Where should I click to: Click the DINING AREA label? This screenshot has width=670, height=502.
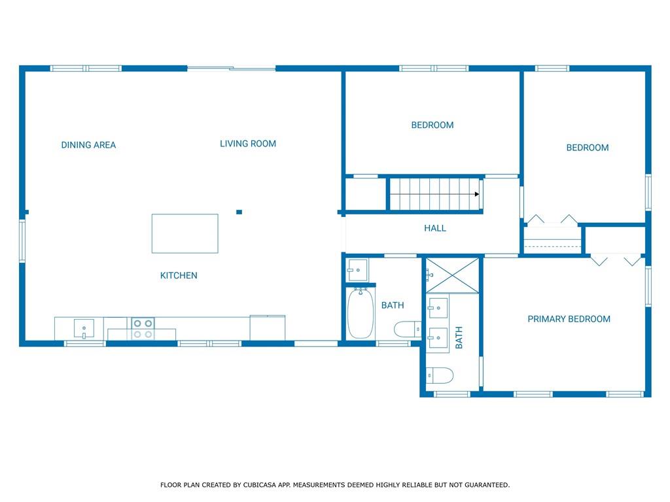tap(88, 145)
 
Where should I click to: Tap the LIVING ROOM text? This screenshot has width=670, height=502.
tap(248, 144)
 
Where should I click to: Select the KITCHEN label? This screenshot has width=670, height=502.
tap(179, 276)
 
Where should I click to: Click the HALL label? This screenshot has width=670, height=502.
tap(435, 228)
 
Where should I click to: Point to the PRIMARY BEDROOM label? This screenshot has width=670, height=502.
tap(569, 319)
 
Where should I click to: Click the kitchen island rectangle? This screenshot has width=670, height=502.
tap(185, 233)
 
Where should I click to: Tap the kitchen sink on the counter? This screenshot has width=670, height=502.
tap(84, 328)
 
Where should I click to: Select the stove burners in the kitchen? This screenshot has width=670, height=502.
tap(143, 329)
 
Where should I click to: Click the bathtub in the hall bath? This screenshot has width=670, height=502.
tap(361, 314)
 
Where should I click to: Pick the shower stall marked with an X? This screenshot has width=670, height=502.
tap(453, 276)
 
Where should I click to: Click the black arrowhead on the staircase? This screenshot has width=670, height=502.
tap(477, 194)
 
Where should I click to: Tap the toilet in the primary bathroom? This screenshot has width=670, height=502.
tap(440, 375)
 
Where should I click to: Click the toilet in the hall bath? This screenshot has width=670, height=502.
tap(407, 329)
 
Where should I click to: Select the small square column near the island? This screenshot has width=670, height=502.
tap(239, 212)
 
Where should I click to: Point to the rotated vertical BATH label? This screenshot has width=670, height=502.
tap(459, 337)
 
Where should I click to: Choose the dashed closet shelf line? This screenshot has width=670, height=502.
tap(552, 246)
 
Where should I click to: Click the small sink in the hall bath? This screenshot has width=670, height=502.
tap(357, 270)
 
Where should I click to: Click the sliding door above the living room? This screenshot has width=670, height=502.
tap(231, 68)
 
